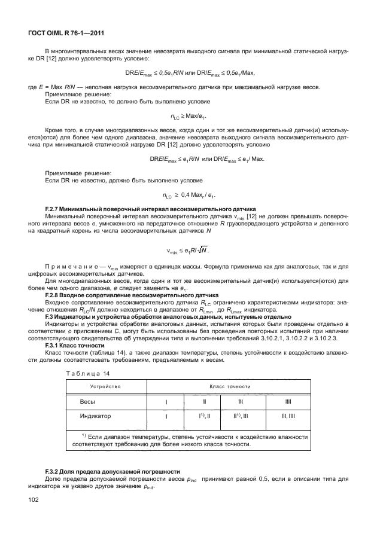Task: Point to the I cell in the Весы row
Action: click(166, 402)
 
